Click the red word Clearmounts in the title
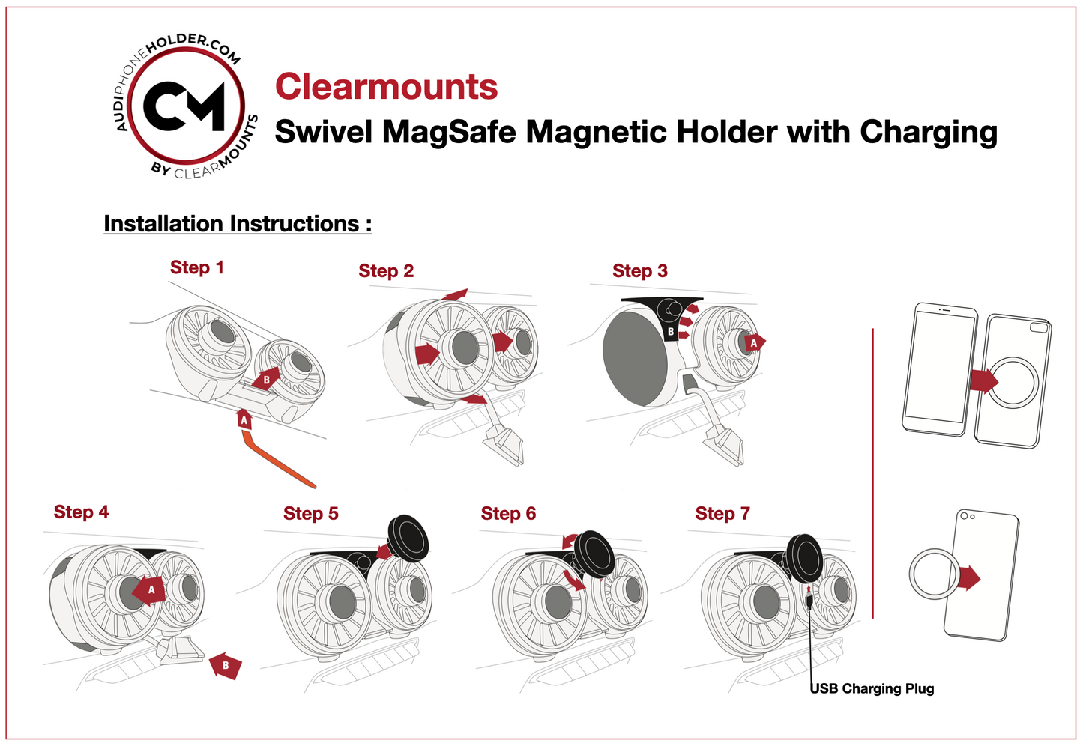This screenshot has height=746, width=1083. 386,87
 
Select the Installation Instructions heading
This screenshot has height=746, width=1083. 238,223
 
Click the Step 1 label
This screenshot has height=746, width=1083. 196,267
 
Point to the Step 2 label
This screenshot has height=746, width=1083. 385,271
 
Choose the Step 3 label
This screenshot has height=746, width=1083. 639,271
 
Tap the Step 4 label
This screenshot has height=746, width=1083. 81,512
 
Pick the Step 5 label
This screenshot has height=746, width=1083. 310,514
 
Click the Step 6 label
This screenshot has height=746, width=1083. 508,514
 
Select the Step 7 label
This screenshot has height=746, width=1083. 722,514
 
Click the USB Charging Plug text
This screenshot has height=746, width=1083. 872,688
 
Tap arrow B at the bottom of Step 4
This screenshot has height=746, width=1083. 225,665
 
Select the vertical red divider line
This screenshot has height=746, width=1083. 872,472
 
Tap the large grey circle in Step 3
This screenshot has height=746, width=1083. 635,359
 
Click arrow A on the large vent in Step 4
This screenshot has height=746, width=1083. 149,590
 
